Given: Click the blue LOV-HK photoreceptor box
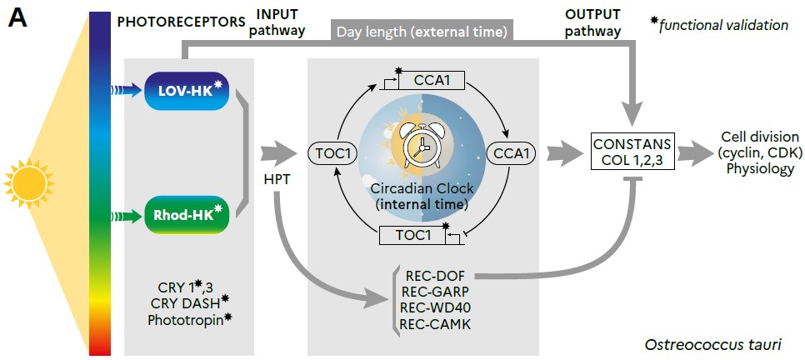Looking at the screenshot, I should tap(185, 91).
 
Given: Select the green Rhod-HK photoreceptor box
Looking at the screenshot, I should tap(185, 215).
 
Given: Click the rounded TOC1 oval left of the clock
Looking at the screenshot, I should tap(332, 153).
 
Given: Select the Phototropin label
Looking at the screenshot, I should tap(184, 319).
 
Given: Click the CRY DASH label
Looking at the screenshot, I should tap(184, 302).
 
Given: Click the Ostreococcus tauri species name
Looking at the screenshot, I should tap(712, 344).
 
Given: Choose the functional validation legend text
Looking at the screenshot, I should tap(722, 25).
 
